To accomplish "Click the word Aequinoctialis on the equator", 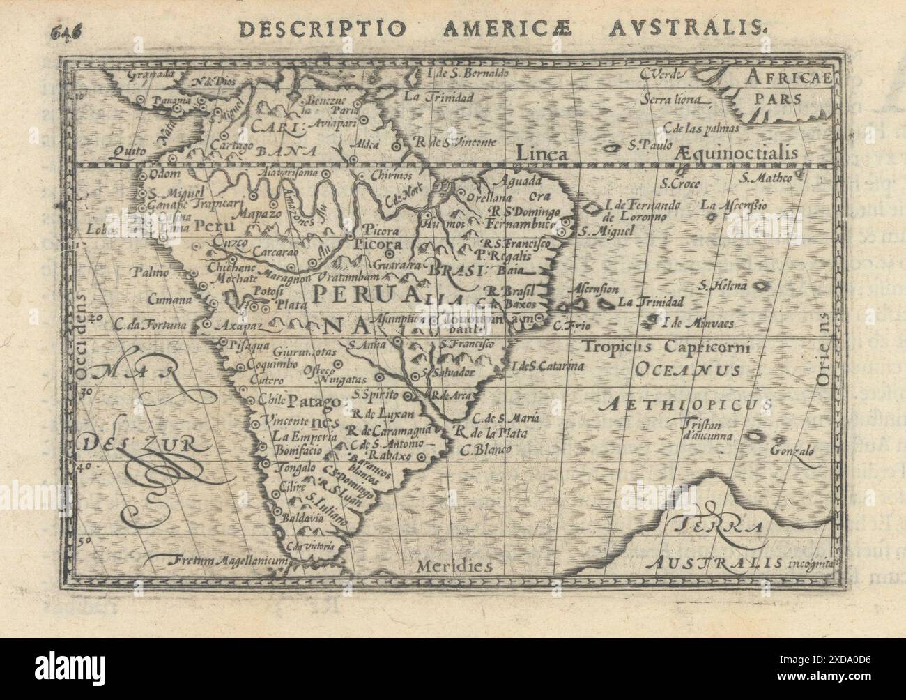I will point(739,152).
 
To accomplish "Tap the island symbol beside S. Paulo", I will point(615,149).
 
